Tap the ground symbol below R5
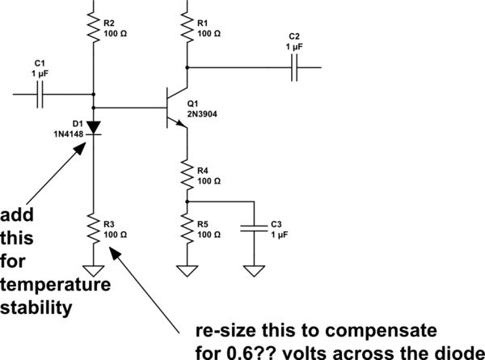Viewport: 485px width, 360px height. coord(187,270)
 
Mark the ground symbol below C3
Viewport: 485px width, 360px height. coord(255,270)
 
